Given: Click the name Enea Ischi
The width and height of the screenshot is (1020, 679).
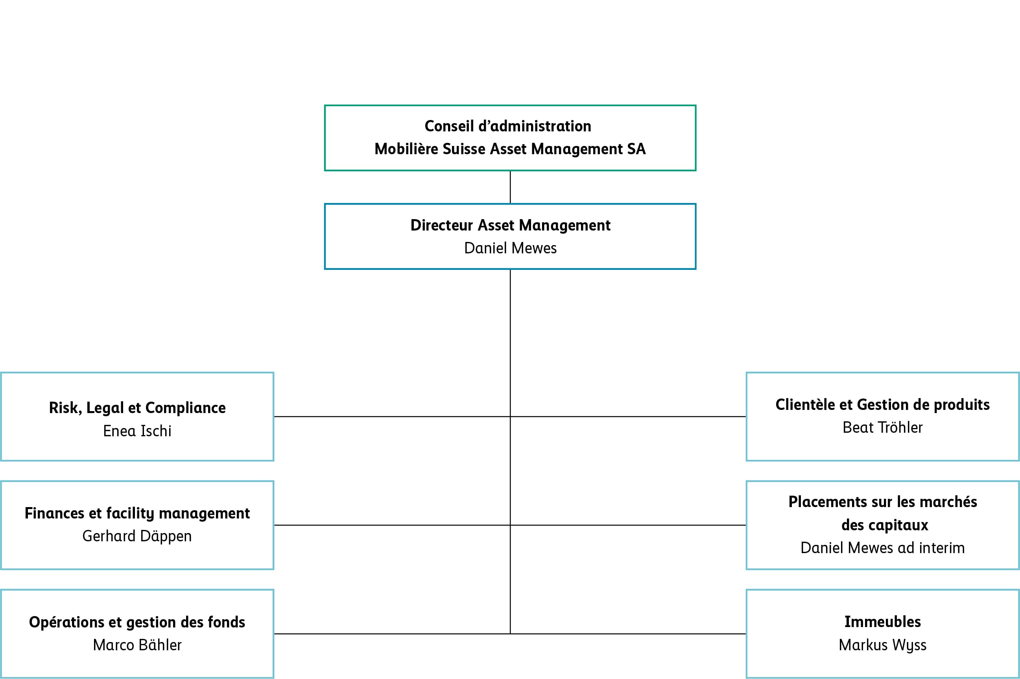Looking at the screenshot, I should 137,431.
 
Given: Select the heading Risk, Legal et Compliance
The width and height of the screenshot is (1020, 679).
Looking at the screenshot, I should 137,408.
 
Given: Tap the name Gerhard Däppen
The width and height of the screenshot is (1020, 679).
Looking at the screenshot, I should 137,536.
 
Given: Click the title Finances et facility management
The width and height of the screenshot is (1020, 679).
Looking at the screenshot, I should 137,513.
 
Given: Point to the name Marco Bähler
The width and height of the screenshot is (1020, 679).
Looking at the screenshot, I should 137,645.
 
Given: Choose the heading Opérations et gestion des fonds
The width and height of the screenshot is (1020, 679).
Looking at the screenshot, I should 137,622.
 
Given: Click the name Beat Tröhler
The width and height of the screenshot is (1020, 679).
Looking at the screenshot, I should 882,427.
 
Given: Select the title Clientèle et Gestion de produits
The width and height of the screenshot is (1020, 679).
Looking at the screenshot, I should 882,404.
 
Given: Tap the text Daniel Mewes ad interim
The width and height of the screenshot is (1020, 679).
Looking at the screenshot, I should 882,548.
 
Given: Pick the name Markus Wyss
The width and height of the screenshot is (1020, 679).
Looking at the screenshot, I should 882,645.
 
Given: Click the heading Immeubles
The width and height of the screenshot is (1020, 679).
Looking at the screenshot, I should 882,622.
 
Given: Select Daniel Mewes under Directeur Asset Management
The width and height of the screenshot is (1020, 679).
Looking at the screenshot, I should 510,248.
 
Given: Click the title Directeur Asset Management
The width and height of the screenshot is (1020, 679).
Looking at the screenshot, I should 510,225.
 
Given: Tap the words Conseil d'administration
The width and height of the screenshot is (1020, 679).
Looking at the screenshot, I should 507,126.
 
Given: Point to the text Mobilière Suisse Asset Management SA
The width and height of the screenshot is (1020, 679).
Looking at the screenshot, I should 510,149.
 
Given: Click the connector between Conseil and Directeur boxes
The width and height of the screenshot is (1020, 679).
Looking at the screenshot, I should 510,187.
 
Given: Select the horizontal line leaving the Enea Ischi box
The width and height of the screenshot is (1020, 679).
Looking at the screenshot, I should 390,417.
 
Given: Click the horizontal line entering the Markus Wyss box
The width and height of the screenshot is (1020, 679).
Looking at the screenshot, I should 628,634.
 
